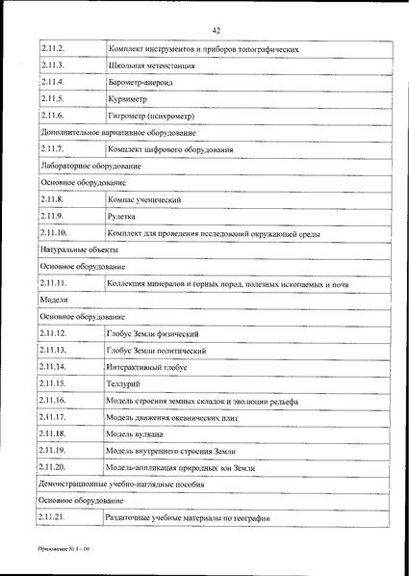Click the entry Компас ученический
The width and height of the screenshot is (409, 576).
145,199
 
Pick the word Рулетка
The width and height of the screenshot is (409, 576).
125,217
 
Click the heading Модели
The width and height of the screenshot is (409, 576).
54,300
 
